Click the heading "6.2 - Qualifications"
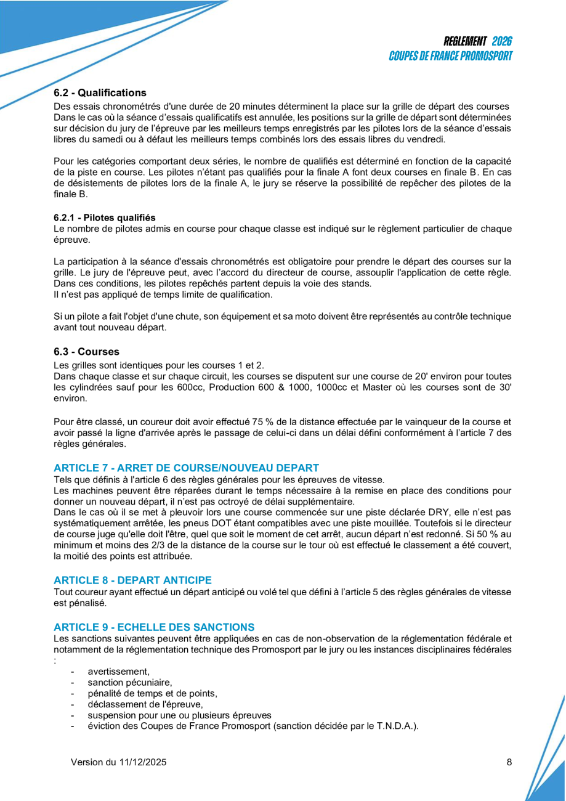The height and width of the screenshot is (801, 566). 100,93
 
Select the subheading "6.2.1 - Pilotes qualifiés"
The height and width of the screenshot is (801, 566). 104,218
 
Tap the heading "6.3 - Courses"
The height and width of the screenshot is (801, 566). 86,352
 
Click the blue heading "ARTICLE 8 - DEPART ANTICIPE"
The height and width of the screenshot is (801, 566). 132,580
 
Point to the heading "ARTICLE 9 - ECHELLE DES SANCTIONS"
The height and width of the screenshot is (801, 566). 154,627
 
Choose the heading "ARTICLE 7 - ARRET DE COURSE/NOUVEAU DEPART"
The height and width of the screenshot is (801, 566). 186,468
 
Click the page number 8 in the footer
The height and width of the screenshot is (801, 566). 509,762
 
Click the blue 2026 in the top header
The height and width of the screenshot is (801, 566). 502,41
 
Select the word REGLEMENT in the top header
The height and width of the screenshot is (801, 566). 465,41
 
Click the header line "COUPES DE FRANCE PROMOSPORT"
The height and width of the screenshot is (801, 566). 451,55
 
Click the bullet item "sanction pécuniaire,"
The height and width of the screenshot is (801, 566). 129,682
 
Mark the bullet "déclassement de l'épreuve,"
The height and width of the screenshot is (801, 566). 145,704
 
